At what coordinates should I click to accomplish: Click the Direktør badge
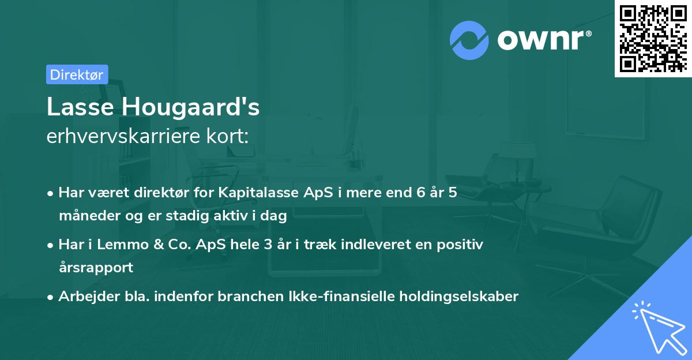(x=77, y=74)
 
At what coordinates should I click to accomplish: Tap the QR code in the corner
(x=653, y=38)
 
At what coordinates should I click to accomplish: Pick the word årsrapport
(x=96, y=267)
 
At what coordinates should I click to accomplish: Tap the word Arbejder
(x=84, y=297)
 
